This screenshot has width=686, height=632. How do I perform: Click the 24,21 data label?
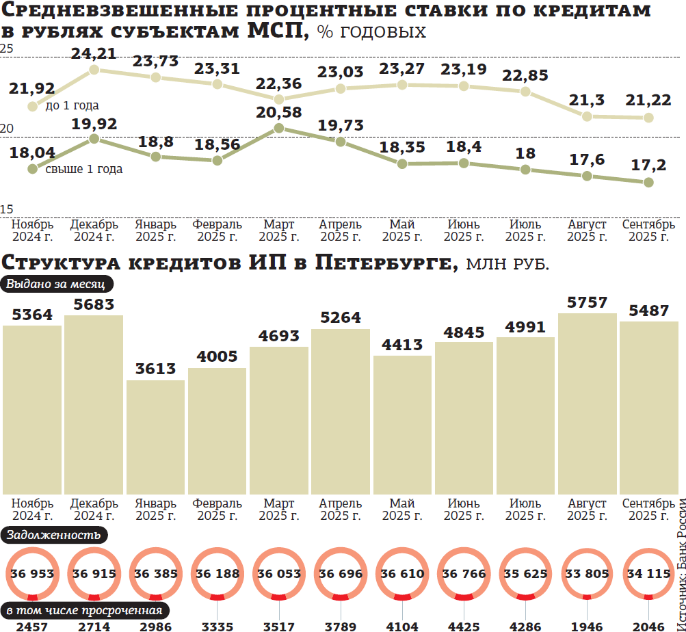pos(94,53)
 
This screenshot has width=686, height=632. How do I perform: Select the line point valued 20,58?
pos(278,128)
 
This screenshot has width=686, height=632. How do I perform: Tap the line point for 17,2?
pos(648,182)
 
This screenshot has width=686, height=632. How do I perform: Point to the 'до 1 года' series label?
pos(72,106)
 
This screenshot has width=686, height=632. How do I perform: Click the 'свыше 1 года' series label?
pos(83,169)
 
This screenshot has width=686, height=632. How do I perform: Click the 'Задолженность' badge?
pos(54,535)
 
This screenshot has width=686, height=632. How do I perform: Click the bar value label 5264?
pos(341,318)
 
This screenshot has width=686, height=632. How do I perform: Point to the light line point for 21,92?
pos(32,106)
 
